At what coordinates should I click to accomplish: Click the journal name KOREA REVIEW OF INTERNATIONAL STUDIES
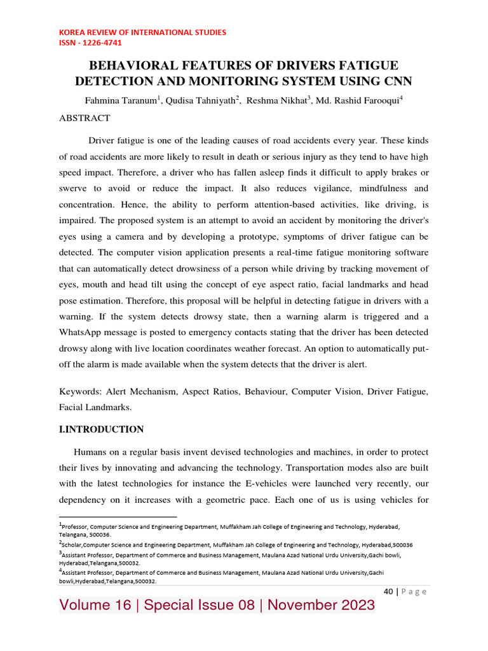pyautogui.click(x=142, y=32)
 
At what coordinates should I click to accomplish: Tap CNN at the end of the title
pyautogui.click(x=394, y=81)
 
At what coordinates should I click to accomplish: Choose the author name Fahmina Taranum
pyautogui.click(x=121, y=100)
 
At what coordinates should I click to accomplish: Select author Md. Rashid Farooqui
pyautogui.click(x=356, y=100)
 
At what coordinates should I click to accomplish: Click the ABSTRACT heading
pyautogui.click(x=85, y=118)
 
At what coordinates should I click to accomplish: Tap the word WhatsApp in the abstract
pyautogui.click(x=86, y=332)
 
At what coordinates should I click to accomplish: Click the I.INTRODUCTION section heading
pyautogui.click(x=101, y=430)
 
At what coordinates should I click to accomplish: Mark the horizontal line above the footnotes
pyautogui.click(x=118, y=517)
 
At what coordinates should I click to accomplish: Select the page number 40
pyautogui.click(x=388, y=592)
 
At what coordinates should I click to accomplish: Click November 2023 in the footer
pyautogui.click(x=321, y=605)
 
